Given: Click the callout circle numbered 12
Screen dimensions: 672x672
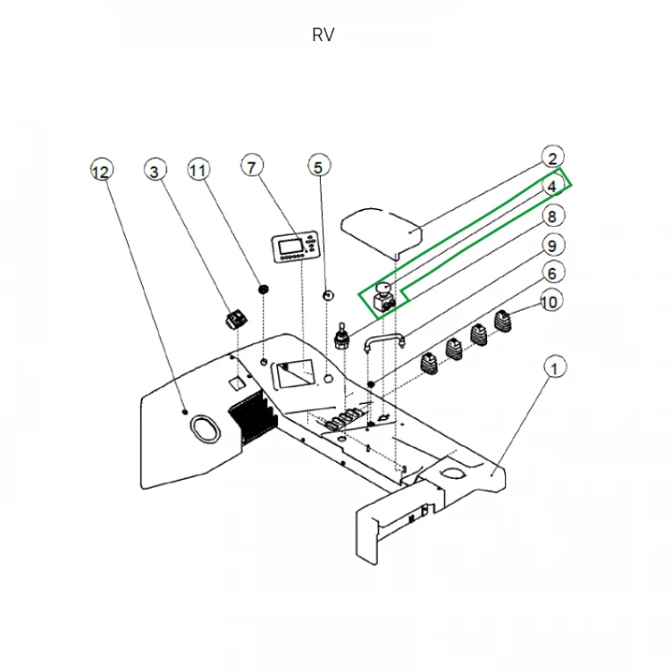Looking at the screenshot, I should [x=101, y=172].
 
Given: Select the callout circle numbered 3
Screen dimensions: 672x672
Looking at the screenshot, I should [x=155, y=170].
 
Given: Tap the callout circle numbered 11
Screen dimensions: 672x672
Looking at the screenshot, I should [x=197, y=170].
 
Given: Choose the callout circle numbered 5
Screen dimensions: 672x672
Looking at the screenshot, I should [x=318, y=167].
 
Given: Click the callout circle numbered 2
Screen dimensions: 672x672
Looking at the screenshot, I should [x=553, y=159].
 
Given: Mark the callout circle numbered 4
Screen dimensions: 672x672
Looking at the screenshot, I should [x=553, y=187].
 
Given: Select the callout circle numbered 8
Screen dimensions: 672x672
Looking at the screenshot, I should [x=553, y=217].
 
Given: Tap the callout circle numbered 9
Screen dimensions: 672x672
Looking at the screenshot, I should [x=553, y=245].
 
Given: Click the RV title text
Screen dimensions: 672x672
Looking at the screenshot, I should [x=323, y=35].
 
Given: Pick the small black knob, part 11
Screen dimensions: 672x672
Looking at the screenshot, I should [x=264, y=290].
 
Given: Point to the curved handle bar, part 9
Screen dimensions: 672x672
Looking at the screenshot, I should [x=383, y=341].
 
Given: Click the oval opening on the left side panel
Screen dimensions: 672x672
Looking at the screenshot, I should [x=206, y=428].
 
